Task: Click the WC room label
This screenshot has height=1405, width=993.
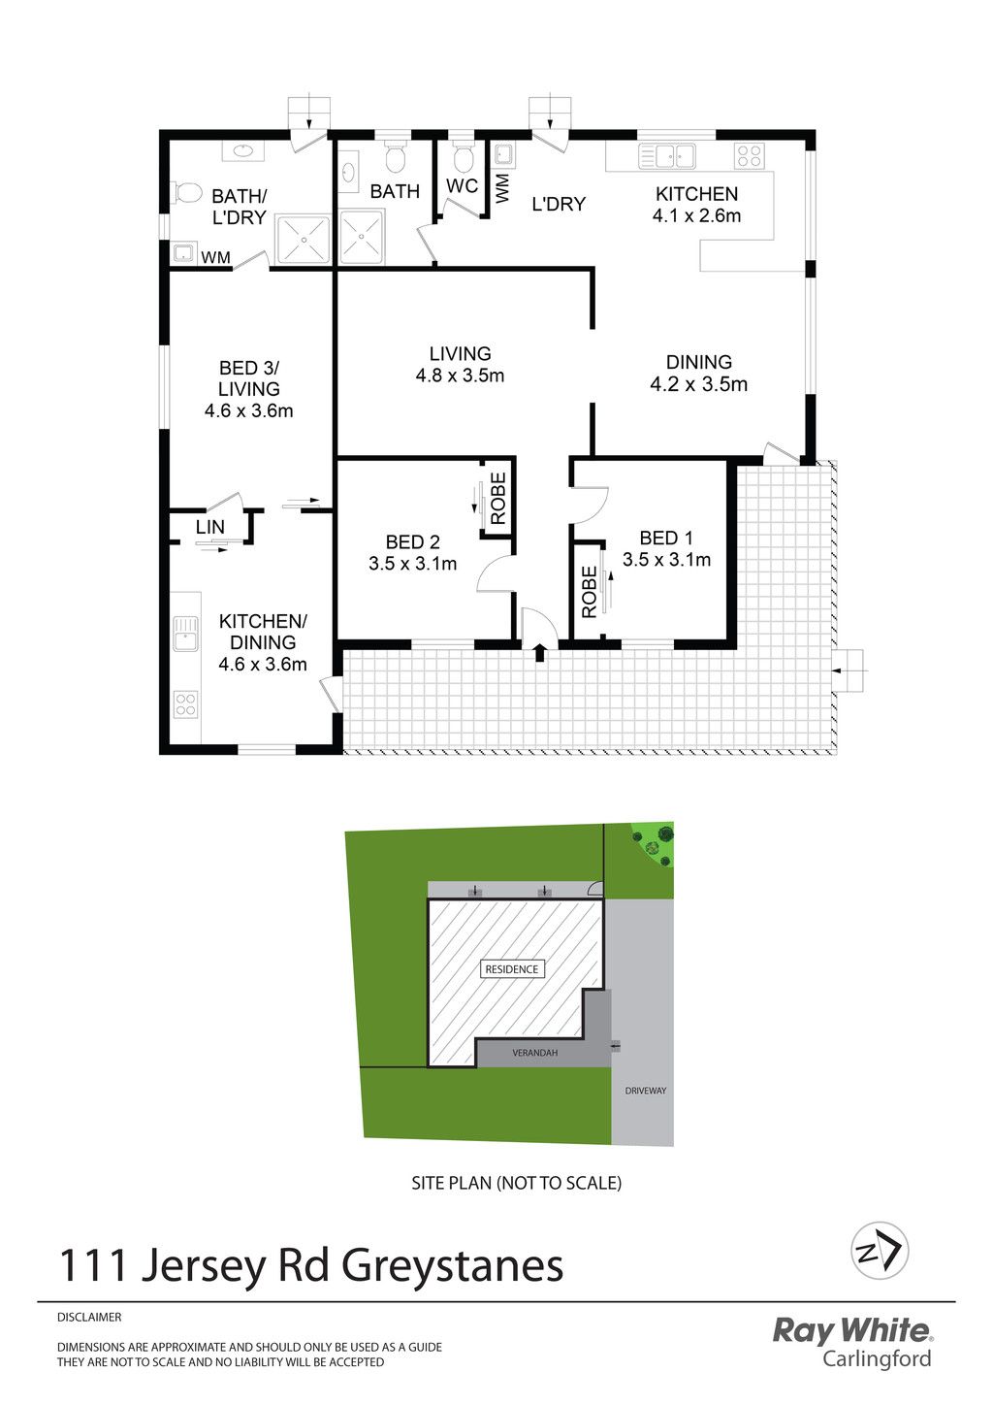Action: [x=462, y=185]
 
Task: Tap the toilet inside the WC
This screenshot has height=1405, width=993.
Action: [x=463, y=159]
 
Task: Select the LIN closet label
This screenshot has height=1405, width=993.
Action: [x=210, y=527]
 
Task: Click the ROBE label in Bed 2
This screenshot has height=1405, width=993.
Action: [x=497, y=499]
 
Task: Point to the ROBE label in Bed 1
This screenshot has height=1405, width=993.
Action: [x=589, y=592]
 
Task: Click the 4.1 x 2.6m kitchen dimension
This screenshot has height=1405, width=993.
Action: [x=696, y=215]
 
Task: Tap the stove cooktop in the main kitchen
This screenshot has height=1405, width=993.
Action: [x=750, y=155]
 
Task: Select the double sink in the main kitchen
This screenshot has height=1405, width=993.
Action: [x=667, y=155]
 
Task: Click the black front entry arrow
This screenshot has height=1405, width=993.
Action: [x=539, y=653]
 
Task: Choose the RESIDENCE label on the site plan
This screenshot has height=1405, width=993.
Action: [x=512, y=969]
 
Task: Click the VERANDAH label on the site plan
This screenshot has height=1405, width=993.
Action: [x=534, y=1053]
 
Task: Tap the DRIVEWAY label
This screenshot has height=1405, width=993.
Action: [x=645, y=1091]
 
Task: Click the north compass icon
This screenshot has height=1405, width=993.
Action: [x=880, y=1250]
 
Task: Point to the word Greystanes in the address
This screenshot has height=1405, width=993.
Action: [x=452, y=1265]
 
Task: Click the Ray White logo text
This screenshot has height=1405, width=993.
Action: [x=851, y=1330]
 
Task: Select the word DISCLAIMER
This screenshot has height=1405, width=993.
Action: [x=89, y=1318]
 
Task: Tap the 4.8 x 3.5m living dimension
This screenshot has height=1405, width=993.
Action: [x=460, y=376]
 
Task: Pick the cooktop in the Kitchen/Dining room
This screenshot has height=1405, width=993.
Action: [x=185, y=703]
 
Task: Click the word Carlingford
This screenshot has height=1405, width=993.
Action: [x=877, y=1359]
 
